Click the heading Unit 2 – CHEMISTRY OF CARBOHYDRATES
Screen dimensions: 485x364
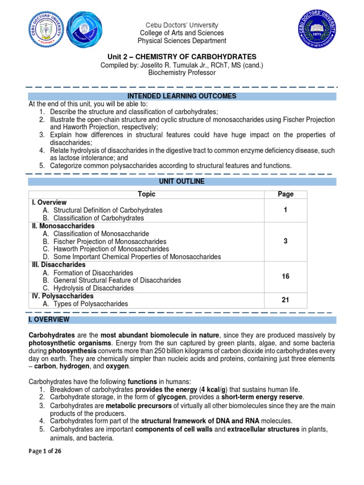(x=182, y=56)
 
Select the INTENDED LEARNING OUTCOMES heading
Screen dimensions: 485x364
(x=182, y=96)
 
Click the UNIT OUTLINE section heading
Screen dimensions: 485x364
(x=182, y=181)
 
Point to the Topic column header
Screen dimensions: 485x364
(x=146, y=194)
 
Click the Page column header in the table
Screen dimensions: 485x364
(x=285, y=194)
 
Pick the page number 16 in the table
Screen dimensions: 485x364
(x=285, y=276)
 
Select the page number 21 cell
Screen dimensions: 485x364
(x=285, y=300)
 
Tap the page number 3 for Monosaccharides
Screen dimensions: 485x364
(x=285, y=241)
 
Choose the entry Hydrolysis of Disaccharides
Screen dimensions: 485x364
(x=94, y=288)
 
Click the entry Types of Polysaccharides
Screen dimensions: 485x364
(x=91, y=304)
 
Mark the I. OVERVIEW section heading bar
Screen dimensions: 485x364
(x=182, y=320)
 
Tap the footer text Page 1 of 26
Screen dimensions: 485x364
(x=45, y=451)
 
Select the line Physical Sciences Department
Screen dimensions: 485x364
(x=182, y=41)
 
